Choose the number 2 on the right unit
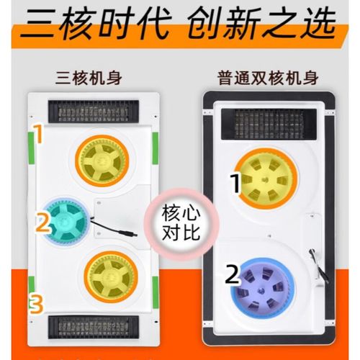click(231, 274)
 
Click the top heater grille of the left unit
click(103, 111)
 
